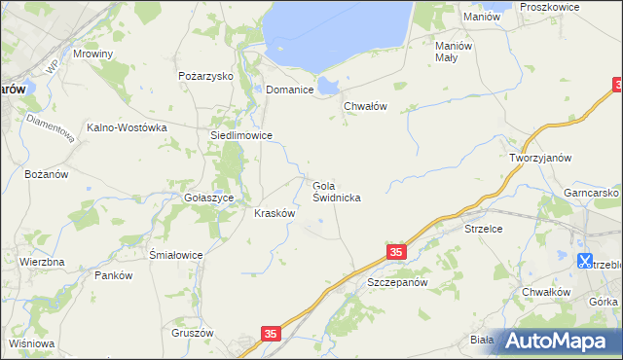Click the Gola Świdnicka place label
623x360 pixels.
(337, 191)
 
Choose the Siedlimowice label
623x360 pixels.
(235, 136)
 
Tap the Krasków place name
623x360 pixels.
(275, 213)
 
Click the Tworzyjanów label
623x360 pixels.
(540, 157)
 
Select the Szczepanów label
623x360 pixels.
(397, 282)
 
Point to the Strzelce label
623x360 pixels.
(483, 230)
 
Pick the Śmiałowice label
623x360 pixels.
(175, 255)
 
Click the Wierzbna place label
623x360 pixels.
(42, 262)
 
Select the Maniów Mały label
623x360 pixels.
(454, 51)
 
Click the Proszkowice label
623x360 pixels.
(549, 7)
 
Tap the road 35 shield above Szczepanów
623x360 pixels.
(395, 252)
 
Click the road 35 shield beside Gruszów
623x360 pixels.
(272, 334)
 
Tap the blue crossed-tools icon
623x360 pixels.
(585, 261)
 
